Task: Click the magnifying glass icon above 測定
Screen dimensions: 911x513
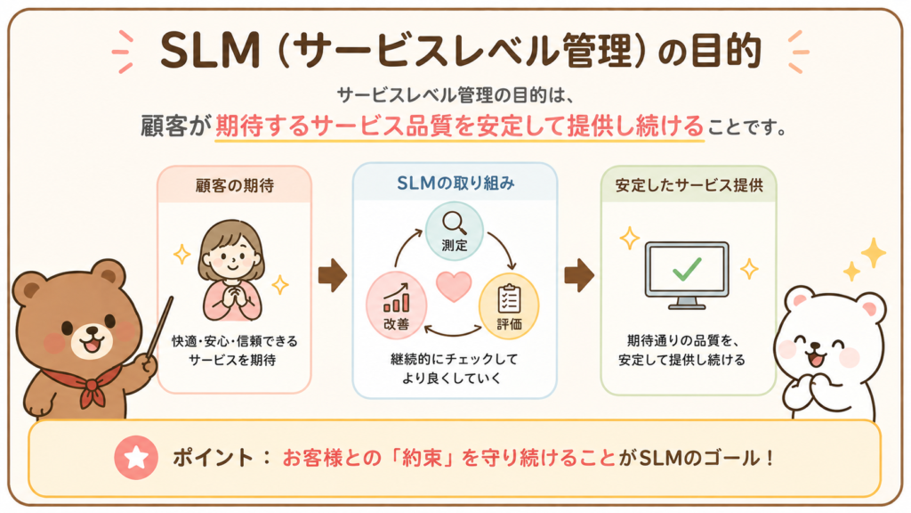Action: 455,223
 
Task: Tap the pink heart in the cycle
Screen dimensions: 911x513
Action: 454,286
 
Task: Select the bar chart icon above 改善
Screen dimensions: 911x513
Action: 396,297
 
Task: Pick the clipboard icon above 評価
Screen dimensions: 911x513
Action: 509,299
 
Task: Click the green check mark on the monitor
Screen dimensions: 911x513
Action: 687,268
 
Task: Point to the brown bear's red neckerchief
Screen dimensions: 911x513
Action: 87,383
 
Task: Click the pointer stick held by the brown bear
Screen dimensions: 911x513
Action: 159,328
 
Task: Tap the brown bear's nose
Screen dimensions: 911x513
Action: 92,331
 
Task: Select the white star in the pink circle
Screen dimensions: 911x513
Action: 136,457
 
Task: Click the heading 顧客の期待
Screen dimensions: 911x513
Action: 235,185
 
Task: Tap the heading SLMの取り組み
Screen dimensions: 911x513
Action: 455,183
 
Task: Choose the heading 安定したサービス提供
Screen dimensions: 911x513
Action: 689,185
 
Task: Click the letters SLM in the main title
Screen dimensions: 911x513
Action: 210,51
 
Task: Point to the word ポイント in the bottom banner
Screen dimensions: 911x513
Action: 213,458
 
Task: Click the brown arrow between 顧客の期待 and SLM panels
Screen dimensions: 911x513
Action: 333,274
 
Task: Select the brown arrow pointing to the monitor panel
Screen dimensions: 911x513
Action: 579,274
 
